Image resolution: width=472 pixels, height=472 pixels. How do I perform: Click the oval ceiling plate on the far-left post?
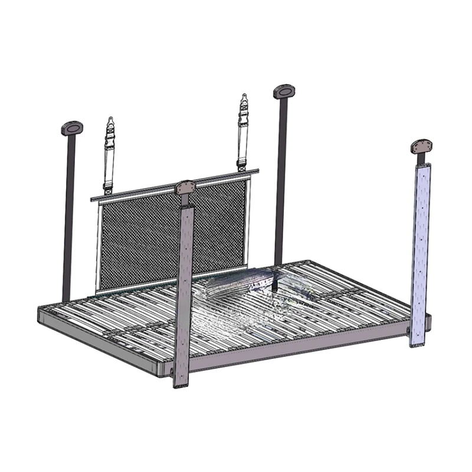pyautogui.click(x=72, y=127)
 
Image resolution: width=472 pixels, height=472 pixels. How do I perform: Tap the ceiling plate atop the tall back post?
pyautogui.click(x=284, y=91)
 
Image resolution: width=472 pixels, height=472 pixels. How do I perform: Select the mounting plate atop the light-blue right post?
pyautogui.click(x=422, y=146)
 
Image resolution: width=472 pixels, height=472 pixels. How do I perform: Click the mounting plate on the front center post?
pyautogui.click(x=185, y=188)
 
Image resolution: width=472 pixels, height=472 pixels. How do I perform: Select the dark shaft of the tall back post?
pyautogui.click(x=281, y=177)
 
